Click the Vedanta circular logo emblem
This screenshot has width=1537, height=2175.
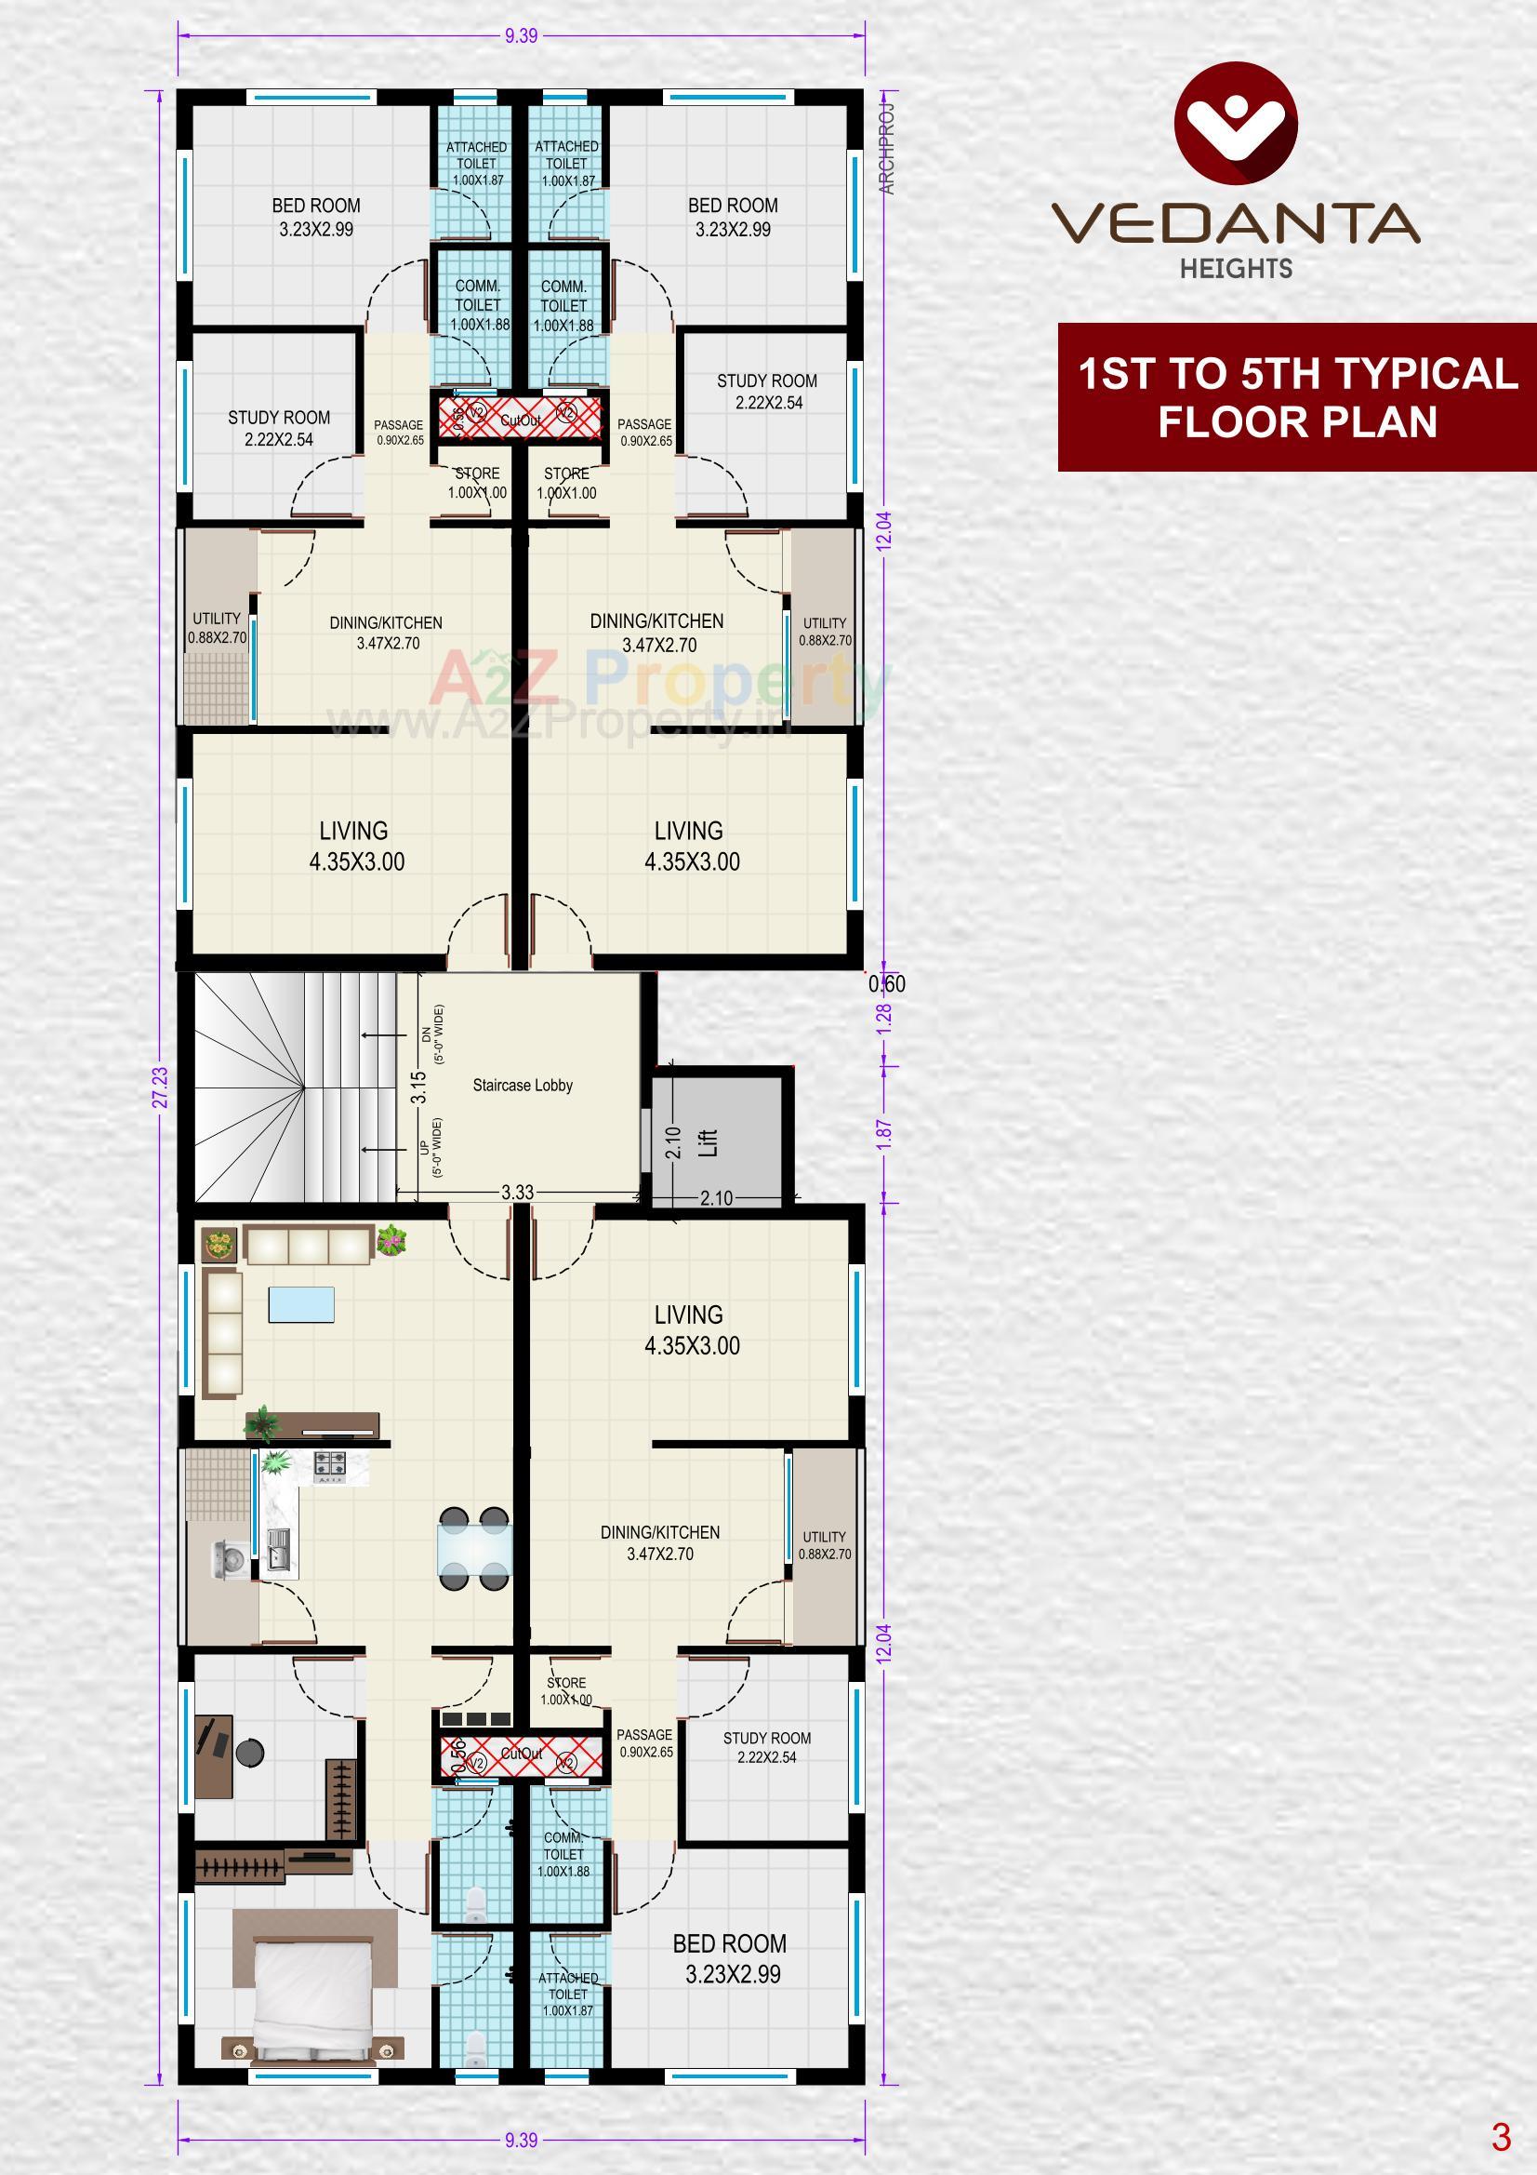tap(1235, 123)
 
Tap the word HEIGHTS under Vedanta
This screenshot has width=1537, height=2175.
tap(1236, 269)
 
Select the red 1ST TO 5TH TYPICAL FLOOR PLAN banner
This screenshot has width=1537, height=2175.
tap(1296, 397)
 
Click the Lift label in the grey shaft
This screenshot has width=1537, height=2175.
tap(709, 1141)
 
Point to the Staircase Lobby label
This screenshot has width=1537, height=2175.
tap(523, 1086)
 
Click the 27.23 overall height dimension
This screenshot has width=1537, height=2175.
tap(160, 1087)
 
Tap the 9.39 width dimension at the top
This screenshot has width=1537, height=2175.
tap(521, 36)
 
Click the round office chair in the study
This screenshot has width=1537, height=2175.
tap(250, 1753)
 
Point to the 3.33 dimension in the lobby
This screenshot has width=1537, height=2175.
tap(517, 1193)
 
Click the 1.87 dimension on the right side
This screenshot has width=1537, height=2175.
tap(883, 1135)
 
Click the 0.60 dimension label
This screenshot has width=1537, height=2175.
tap(886, 984)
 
